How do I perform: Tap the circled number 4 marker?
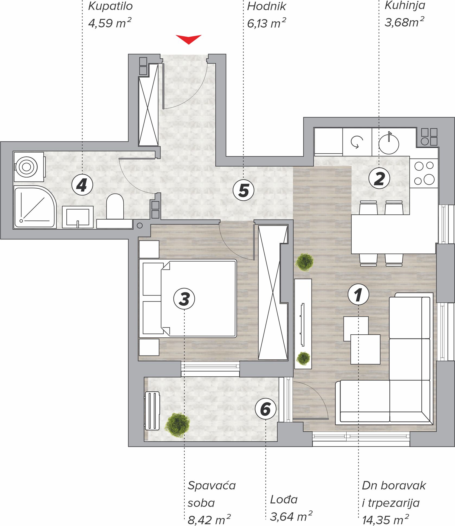[x=82, y=185]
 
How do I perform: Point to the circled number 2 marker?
[x=379, y=179]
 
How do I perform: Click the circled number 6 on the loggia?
[x=265, y=409]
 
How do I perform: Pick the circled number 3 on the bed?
[x=184, y=299]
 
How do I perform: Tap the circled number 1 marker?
[x=358, y=294]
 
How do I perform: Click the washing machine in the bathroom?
[x=29, y=167]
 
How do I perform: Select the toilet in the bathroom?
[x=115, y=206]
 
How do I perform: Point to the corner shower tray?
[x=35, y=207]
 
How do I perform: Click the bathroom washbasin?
[x=78, y=217]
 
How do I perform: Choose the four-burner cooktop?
[x=424, y=173]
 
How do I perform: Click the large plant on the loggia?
[x=178, y=425]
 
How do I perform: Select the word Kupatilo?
[x=110, y=6]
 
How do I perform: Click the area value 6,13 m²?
[x=267, y=23]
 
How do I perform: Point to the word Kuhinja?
[x=405, y=5]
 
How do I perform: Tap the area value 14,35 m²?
[x=385, y=519]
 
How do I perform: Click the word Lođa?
[x=284, y=499]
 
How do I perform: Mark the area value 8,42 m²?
[x=209, y=519]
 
